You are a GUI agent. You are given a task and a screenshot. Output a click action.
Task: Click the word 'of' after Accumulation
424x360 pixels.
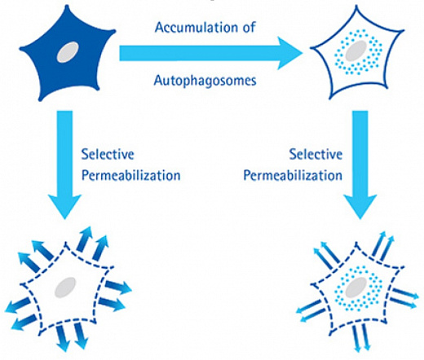pyautogui.click(x=250, y=27)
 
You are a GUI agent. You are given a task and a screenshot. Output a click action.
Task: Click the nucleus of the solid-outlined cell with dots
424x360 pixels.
pyautogui.click(x=354, y=54)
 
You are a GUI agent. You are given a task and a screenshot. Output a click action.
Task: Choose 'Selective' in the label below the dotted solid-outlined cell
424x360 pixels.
pyautogui.click(x=312, y=152)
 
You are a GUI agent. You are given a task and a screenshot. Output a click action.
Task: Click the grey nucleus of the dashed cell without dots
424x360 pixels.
pyautogui.click(x=66, y=288)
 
